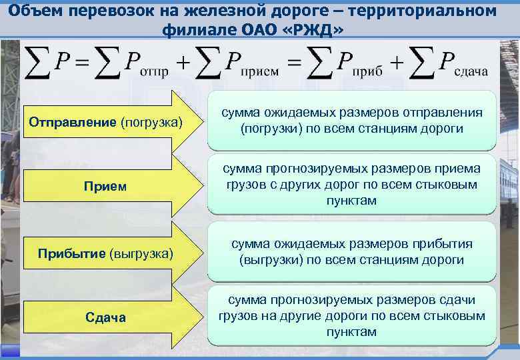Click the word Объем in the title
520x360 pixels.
click(x=37, y=11)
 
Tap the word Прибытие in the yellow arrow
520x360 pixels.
click(x=71, y=254)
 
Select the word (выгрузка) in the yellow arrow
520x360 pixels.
click(x=144, y=254)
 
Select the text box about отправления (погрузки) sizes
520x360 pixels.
click(x=352, y=120)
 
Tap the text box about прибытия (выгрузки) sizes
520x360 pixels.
click(x=352, y=251)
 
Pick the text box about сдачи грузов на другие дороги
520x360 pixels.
click(x=352, y=316)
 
